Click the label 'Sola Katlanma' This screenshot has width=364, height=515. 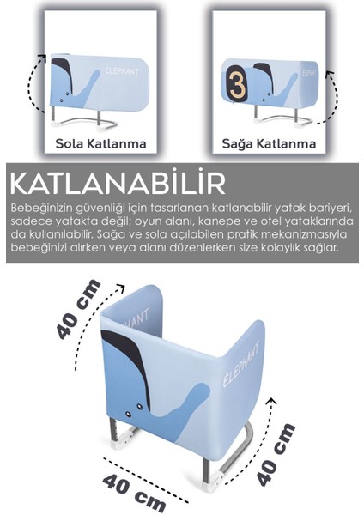100,142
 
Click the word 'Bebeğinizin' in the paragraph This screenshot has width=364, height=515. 43,209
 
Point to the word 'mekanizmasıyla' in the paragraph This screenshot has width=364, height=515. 300,234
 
